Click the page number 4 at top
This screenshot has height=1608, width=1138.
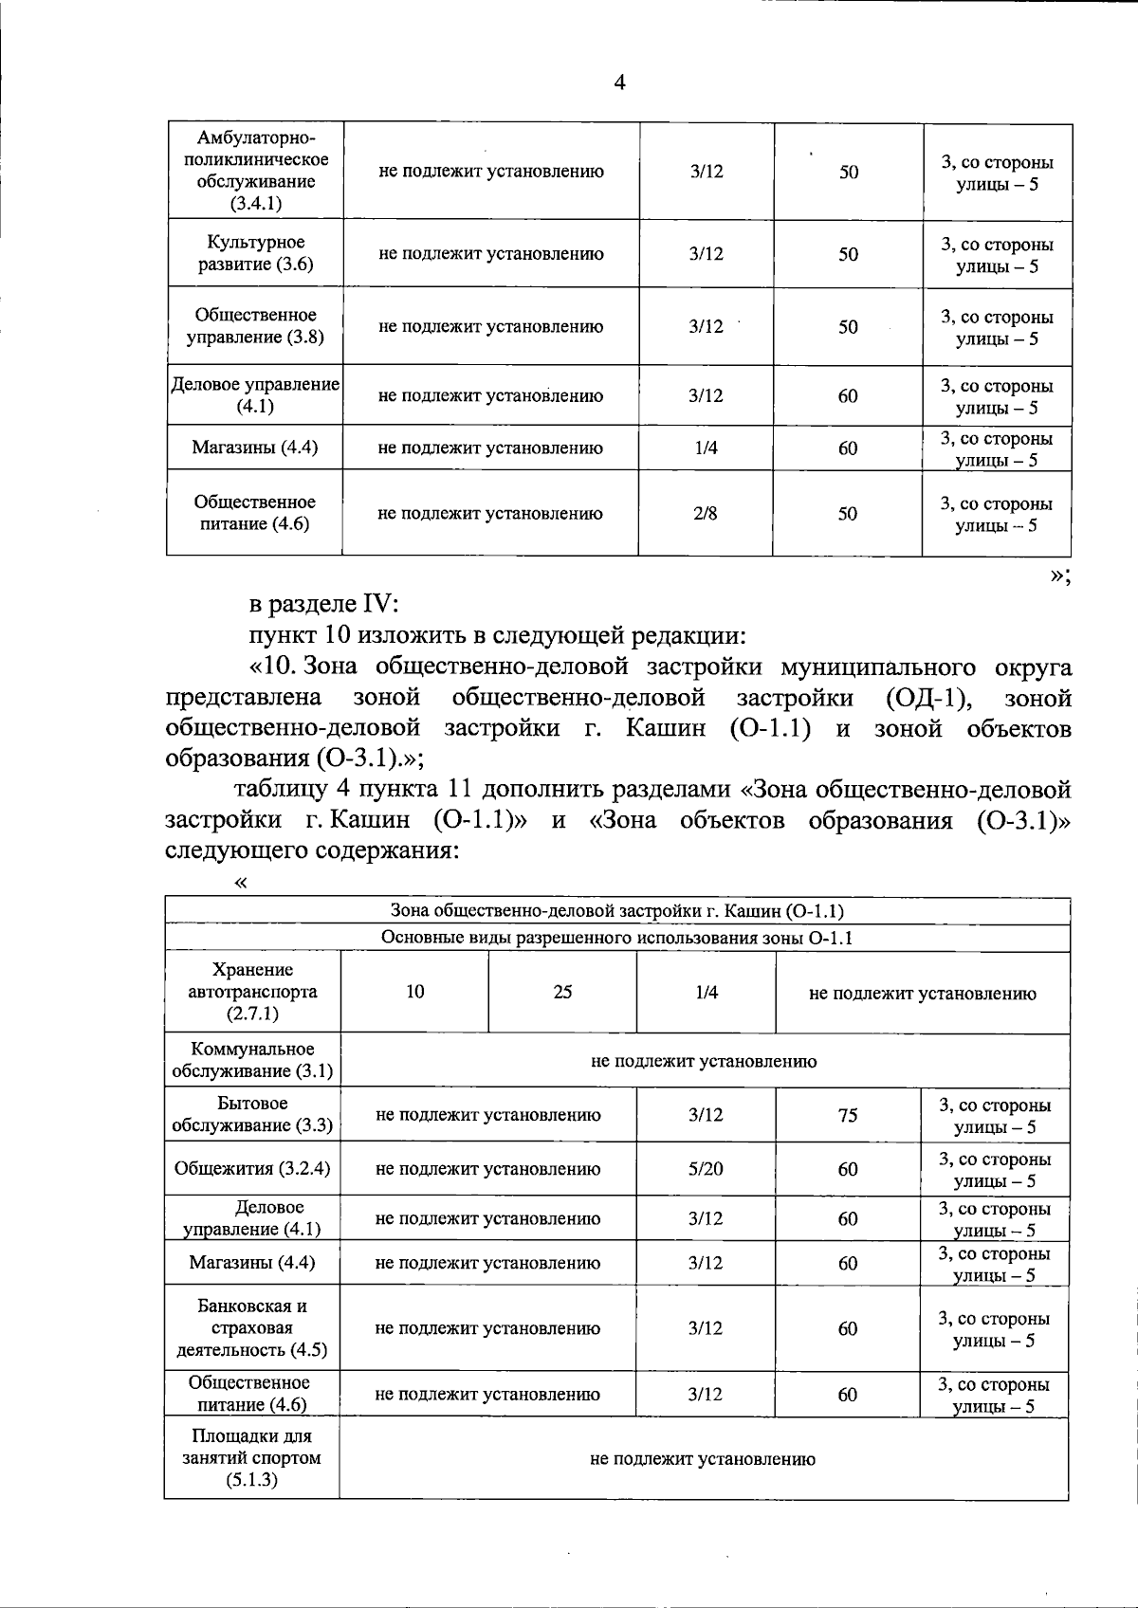tap(619, 82)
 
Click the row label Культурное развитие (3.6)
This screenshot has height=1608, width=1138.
tap(255, 253)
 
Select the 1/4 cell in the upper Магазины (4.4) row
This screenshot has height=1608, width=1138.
tap(706, 448)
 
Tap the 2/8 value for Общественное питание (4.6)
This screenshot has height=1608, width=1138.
tap(706, 513)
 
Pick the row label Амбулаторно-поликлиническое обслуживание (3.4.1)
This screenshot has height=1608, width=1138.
tap(255, 172)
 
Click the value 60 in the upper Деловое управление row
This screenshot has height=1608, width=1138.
tap(848, 395)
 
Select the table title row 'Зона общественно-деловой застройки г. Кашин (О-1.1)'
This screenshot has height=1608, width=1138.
tap(617, 911)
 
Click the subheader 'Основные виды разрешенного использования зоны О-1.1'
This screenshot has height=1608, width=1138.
tap(617, 939)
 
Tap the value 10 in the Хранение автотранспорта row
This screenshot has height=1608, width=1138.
tap(415, 992)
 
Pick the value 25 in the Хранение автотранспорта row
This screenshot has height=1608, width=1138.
tap(562, 992)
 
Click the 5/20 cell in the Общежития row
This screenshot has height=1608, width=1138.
tap(706, 1168)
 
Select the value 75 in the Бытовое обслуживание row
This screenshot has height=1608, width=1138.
tap(848, 1115)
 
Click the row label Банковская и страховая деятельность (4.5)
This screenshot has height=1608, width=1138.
tap(252, 1327)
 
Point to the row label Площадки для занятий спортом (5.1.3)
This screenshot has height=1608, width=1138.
tap(252, 1458)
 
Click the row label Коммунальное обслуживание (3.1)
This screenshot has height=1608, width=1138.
tap(252, 1060)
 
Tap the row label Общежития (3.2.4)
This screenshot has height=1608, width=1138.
tap(252, 1168)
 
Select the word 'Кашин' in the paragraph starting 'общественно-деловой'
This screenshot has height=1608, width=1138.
tap(665, 729)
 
